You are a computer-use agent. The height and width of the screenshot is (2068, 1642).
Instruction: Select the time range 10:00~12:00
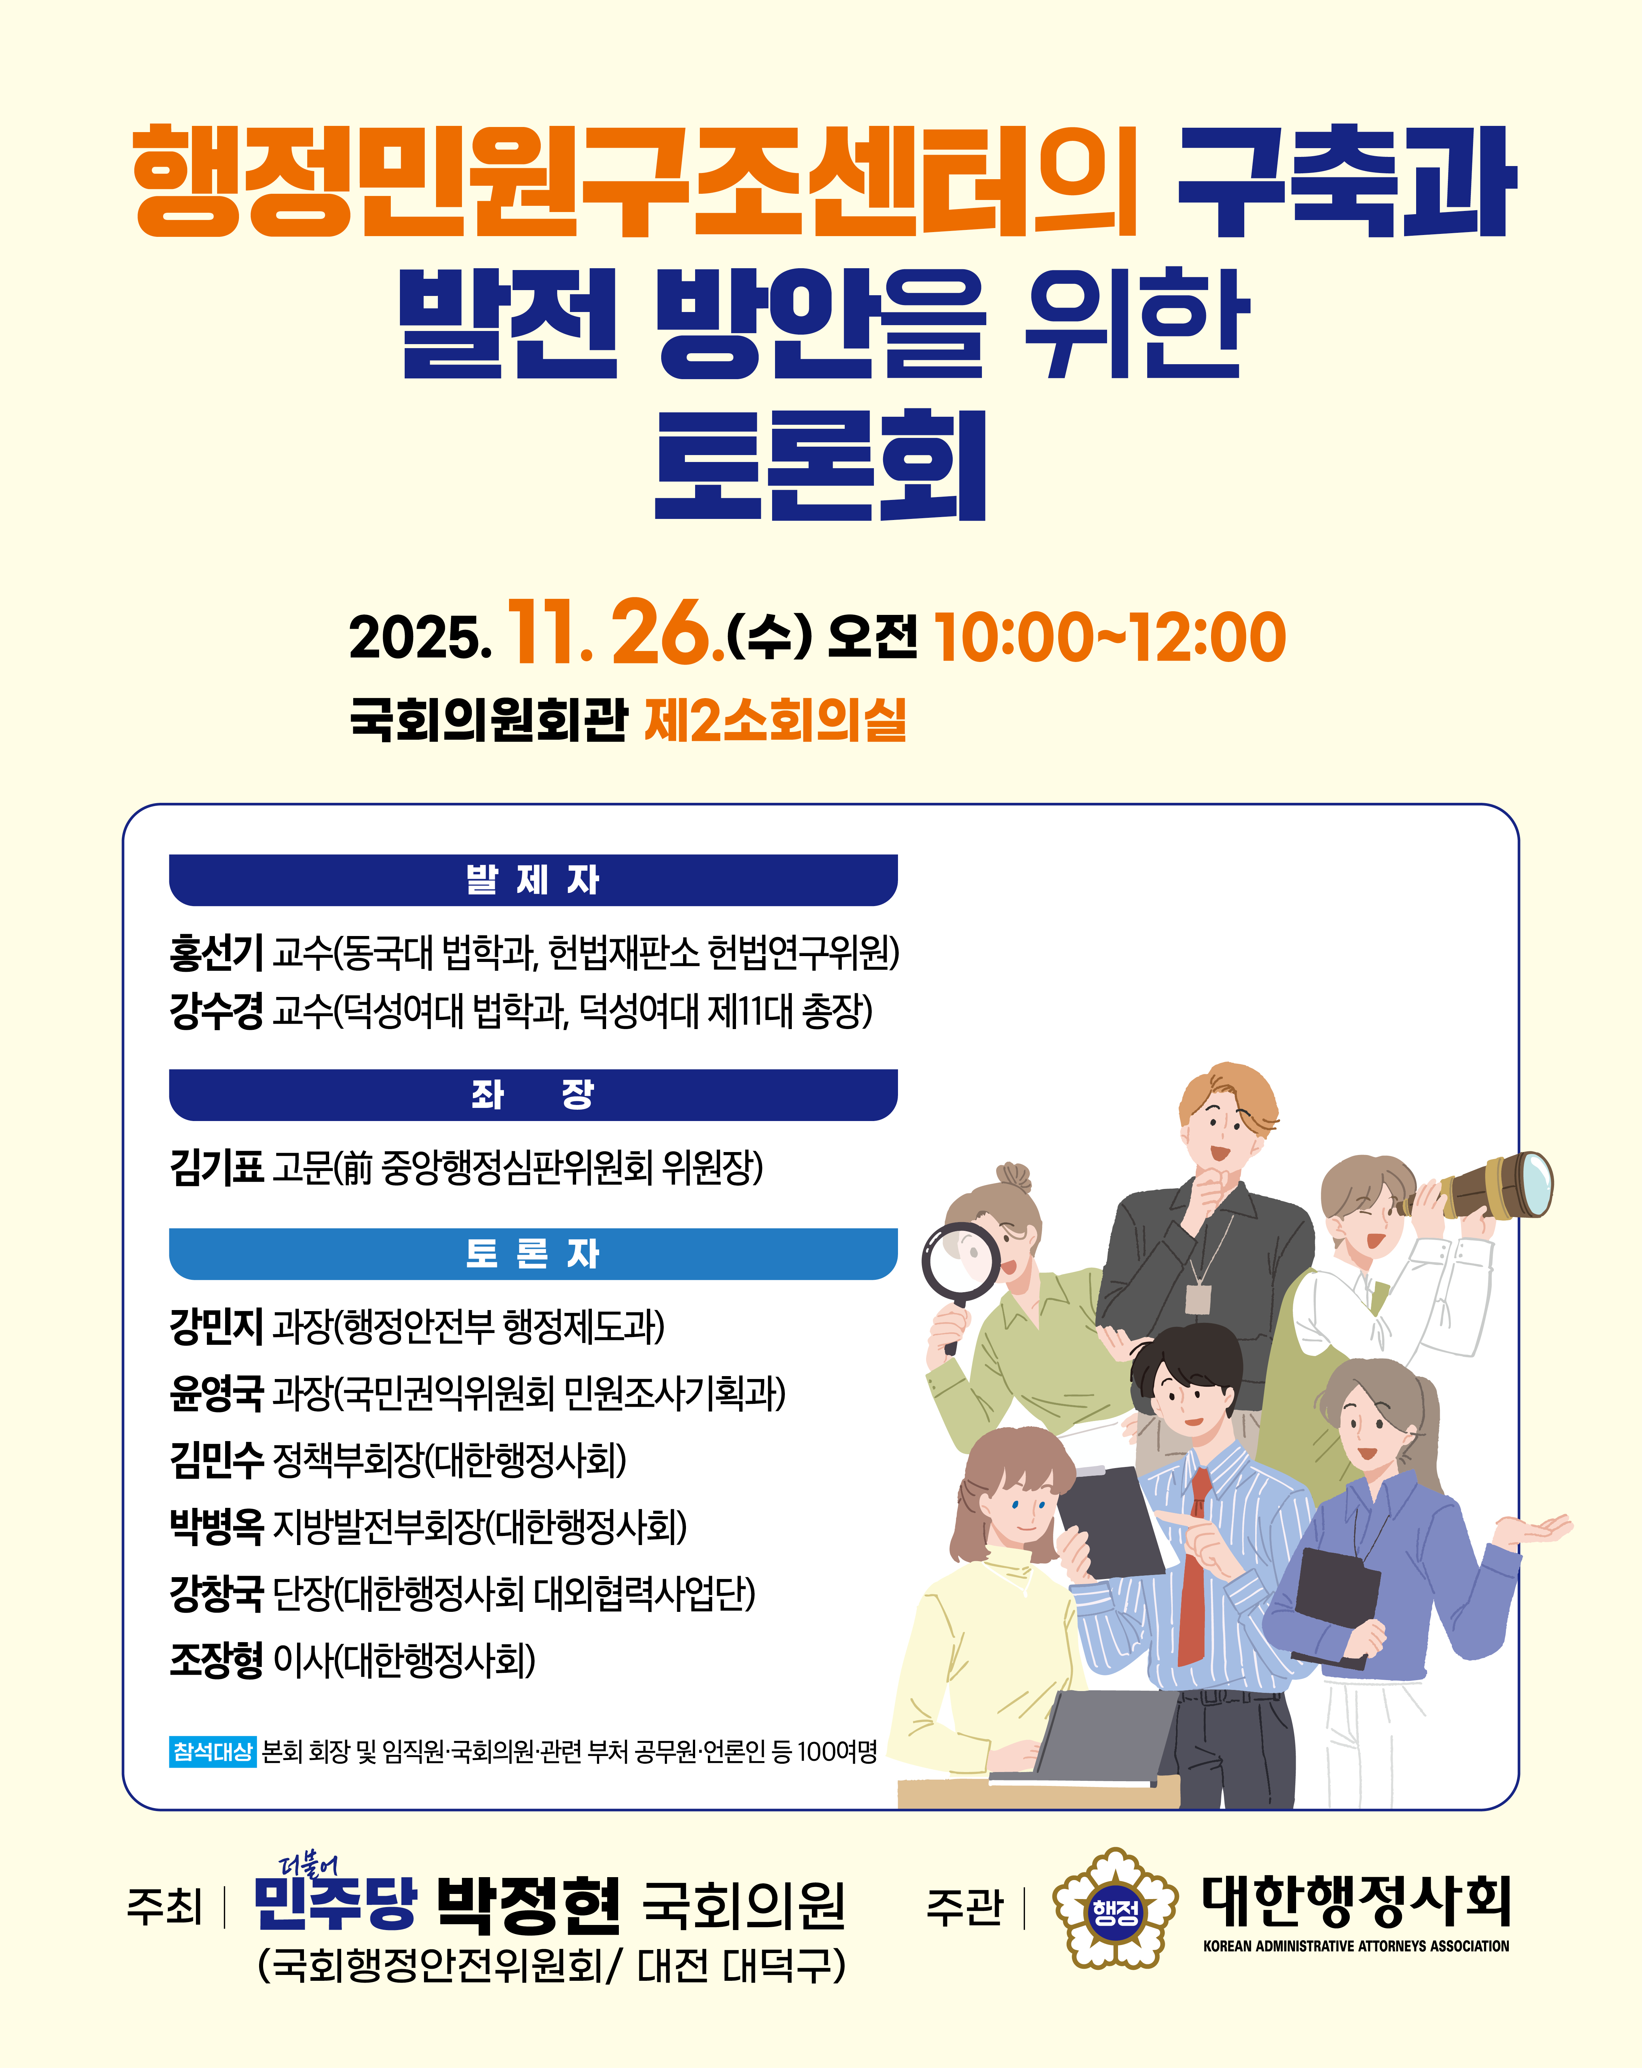tap(1110, 637)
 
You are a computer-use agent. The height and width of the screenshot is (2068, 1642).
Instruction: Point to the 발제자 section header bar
tap(533, 879)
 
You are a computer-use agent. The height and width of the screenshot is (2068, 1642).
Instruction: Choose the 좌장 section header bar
tap(533, 1094)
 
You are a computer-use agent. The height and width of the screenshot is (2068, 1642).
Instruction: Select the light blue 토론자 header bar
tap(533, 1253)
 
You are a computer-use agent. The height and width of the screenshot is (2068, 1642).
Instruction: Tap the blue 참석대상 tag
tap(212, 1752)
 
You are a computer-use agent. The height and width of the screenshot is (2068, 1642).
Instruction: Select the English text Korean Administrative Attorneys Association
tap(1356, 1946)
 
